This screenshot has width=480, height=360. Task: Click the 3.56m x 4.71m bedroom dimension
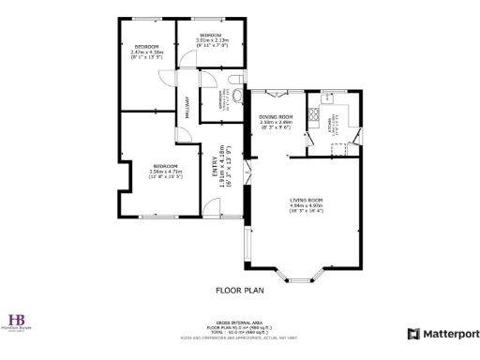[165, 172]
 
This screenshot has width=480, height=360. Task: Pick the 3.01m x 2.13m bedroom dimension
[211, 40]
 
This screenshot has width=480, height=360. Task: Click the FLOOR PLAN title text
[239, 290]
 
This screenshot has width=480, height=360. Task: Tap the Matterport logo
[442, 333]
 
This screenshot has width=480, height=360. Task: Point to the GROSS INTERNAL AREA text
[239, 321]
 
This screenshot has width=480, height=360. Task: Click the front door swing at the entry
[246, 172]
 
